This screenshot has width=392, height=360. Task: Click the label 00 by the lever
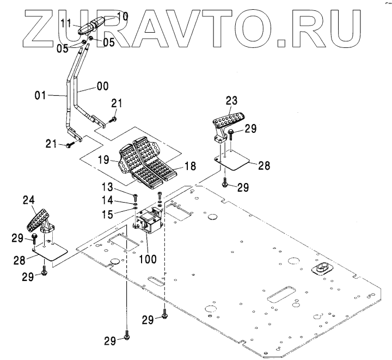[102, 86]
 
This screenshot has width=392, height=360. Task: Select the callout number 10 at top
[122, 16]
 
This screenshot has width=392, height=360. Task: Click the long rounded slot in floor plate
[281, 295]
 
